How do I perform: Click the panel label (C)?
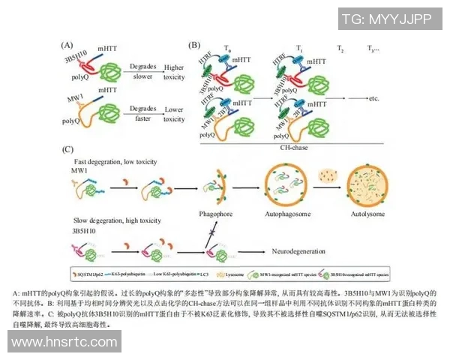coord(67,150)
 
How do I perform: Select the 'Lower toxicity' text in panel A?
coord(174,114)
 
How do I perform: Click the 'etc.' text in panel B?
coord(377,98)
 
